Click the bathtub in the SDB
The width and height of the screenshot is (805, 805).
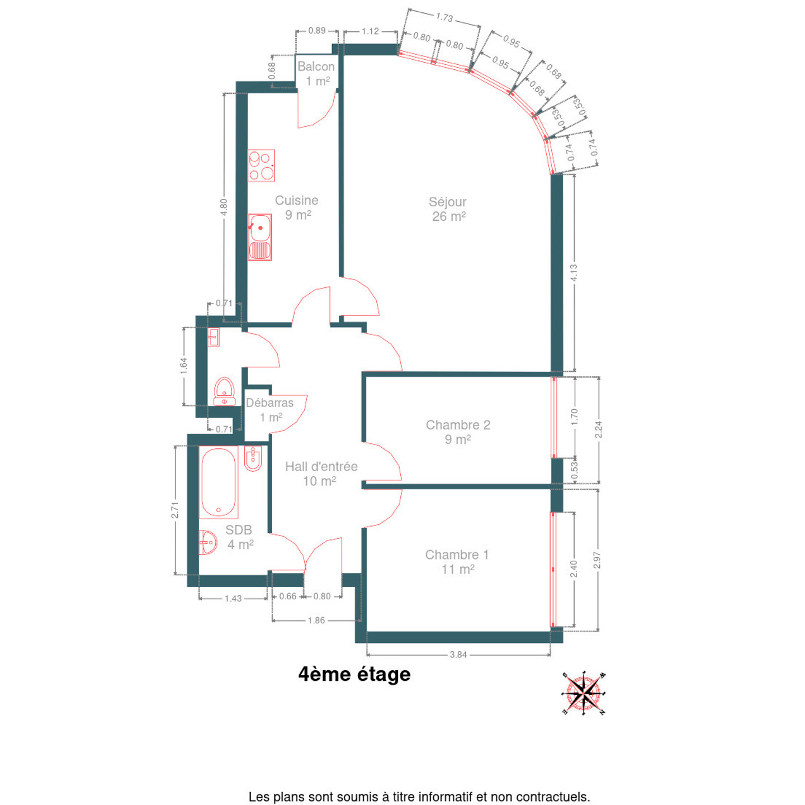pos(219,482)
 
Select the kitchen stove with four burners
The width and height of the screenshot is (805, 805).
pos(261,165)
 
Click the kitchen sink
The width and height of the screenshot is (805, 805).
pos(260,237)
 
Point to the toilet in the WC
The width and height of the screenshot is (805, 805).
pos(225,391)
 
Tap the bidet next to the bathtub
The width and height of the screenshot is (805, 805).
pos(253,458)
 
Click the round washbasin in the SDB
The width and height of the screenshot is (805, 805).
pos(208,542)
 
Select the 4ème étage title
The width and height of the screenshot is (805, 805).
pos(354,674)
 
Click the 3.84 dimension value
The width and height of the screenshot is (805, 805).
pos(458,655)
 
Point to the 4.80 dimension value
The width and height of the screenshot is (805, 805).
pos(224,207)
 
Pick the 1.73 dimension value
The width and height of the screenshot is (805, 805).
pos(444,17)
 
